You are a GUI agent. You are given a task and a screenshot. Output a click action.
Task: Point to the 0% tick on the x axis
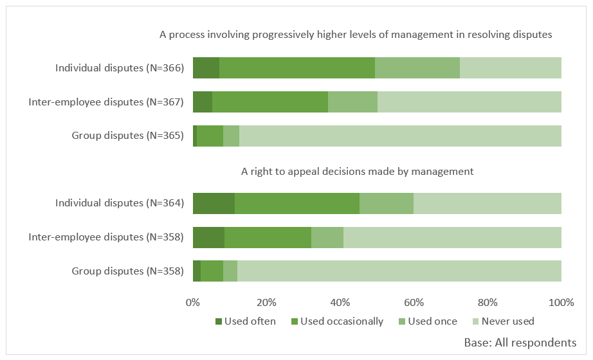193,302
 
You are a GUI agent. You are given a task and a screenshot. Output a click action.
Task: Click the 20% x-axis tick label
266,302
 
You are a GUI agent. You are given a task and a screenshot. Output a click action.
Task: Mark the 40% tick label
340,302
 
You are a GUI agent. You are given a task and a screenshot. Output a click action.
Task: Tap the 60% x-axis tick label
414,302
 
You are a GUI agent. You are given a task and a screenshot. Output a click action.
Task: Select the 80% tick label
488,302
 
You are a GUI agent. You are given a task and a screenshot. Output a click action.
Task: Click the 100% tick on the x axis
560,302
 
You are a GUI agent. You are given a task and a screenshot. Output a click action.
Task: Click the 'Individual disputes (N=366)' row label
120,67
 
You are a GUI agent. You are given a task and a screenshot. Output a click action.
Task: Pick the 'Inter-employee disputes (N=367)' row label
106,102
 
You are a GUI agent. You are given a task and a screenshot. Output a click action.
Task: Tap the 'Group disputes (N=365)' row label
127,136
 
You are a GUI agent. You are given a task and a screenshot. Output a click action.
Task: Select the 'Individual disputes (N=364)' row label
120,203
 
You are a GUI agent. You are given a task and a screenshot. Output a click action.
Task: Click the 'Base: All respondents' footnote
520,343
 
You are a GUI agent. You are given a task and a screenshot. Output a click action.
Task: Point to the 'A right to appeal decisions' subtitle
357,171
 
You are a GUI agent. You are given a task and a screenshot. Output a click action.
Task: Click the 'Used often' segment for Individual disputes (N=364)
214,203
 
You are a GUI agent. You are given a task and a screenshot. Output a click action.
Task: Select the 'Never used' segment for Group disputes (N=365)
400,136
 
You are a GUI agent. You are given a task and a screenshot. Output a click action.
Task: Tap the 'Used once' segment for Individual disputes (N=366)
417,67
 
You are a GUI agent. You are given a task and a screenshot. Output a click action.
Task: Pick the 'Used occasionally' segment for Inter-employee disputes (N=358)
268,237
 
